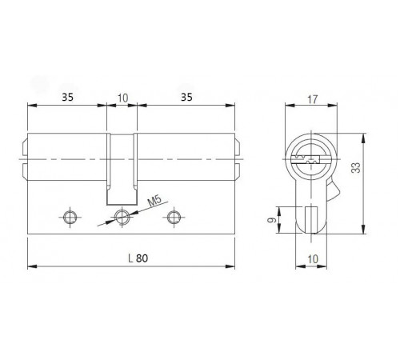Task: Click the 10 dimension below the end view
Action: point(313,258)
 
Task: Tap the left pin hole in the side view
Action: point(70,217)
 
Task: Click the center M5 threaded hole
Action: point(122,217)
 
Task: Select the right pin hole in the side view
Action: point(173,217)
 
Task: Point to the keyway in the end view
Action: point(312,154)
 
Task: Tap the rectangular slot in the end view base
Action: point(313,218)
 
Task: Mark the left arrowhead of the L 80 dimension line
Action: point(30,265)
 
